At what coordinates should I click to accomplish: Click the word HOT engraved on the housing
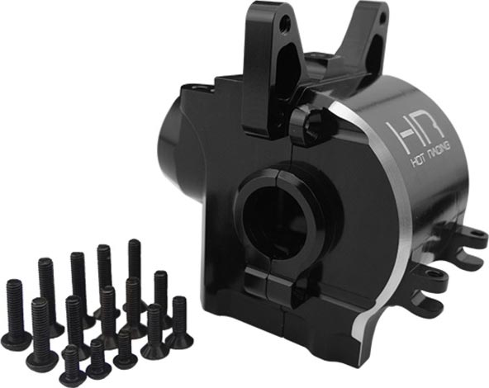pyautogui.click(x=419, y=161)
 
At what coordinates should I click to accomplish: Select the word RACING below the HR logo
pyautogui.click(x=440, y=151)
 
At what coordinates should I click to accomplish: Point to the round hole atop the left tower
pyautogui.click(x=284, y=21)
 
